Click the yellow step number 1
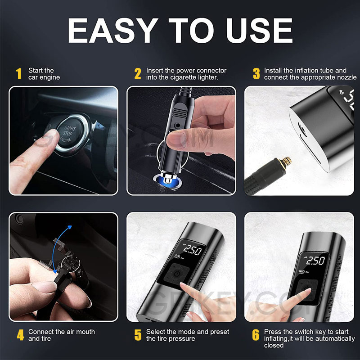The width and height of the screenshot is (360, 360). click(18, 74)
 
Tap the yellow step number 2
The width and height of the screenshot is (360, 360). click(138, 74)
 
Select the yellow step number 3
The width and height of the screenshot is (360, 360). click(256, 74)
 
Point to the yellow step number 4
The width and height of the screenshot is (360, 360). click(20, 335)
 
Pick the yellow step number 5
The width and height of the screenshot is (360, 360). click(138, 335)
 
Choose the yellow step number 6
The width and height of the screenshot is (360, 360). click(256, 335)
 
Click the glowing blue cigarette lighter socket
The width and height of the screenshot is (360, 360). click(167, 180)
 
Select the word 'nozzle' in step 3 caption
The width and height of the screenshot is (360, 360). click(346, 77)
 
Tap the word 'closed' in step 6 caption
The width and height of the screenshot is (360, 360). click(274, 345)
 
